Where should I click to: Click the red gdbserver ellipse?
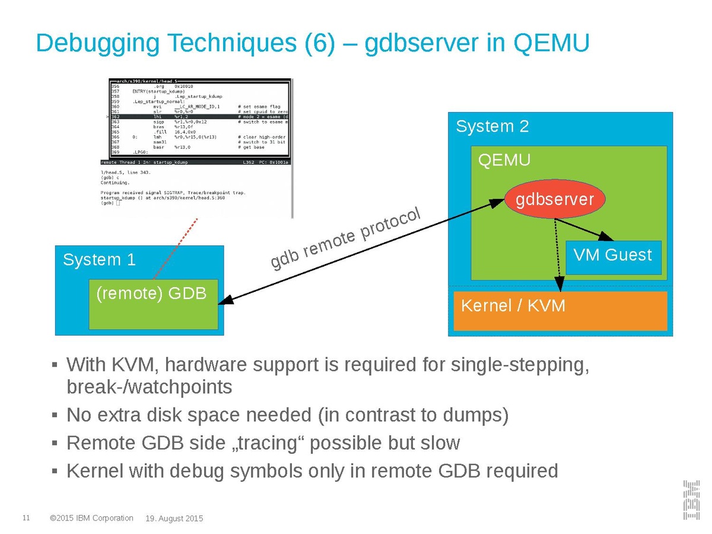(554, 199)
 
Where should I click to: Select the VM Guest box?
(613, 256)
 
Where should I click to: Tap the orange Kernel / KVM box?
(560, 311)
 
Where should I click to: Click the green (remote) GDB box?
(153, 304)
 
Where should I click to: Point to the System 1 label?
(99, 260)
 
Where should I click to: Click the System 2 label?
(492, 126)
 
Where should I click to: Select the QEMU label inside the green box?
(504, 160)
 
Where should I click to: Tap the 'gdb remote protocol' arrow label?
(345, 238)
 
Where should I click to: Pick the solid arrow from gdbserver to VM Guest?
(581, 228)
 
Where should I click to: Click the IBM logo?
(690, 500)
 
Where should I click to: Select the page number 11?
(26, 518)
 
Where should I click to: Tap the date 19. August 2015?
(174, 519)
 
